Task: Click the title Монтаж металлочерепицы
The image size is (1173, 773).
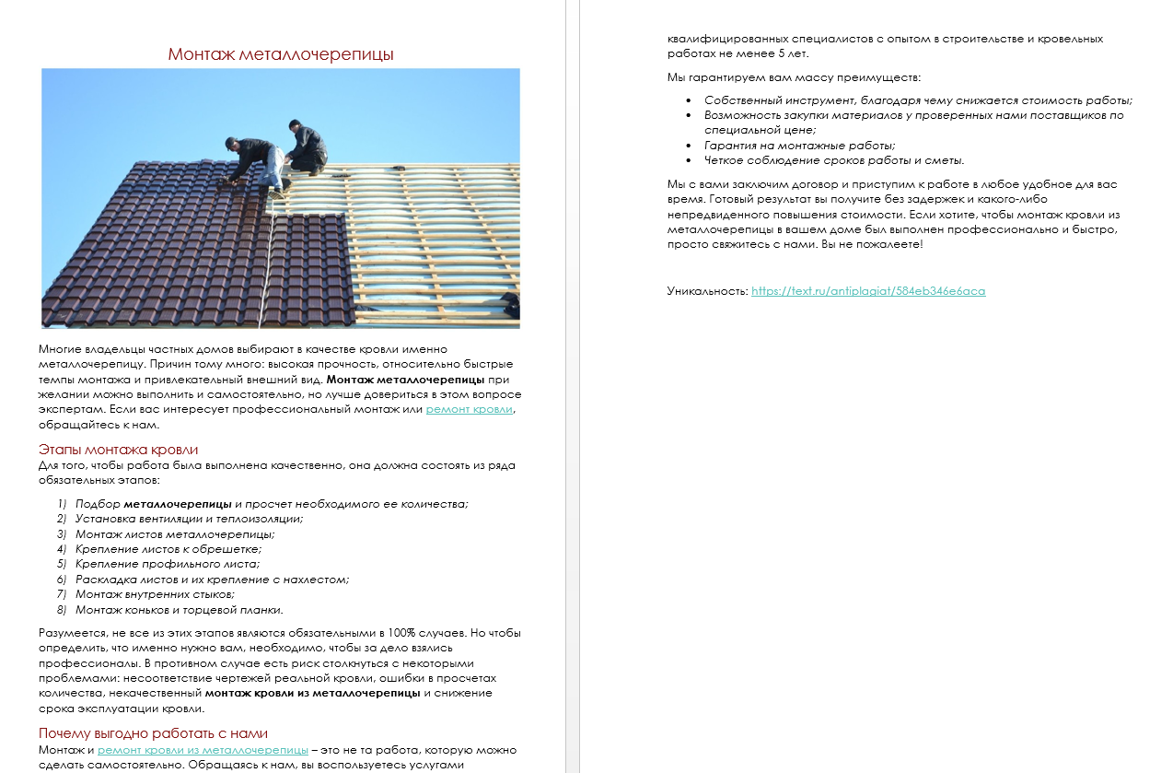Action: click(281, 54)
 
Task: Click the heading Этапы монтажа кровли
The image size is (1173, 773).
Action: click(118, 450)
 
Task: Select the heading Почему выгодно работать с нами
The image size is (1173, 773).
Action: click(153, 733)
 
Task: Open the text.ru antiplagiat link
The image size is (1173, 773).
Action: click(868, 291)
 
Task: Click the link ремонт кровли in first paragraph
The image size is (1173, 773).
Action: click(469, 409)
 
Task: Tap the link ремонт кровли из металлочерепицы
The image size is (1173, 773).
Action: click(203, 750)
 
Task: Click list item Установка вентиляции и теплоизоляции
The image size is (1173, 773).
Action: click(189, 519)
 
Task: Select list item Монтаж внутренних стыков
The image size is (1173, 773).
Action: click(155, 594)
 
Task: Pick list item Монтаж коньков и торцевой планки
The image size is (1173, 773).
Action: click(179, 610)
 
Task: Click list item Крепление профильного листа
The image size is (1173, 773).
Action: click(168, 564)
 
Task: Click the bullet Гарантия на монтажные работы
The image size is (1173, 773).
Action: click(799, 146)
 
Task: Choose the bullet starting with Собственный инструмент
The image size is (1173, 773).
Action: click(918, 100)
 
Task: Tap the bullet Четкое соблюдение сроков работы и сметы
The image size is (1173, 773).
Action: click(834, 160)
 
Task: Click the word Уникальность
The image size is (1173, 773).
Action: click(706, 291)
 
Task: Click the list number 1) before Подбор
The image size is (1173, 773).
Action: click(62, 504)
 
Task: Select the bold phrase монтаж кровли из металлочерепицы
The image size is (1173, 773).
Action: click(312, 693)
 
